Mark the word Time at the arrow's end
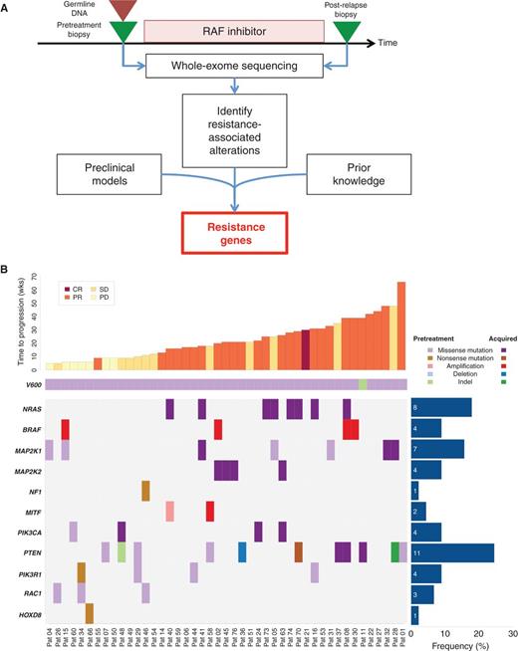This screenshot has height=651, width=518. [x=399, y=44]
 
